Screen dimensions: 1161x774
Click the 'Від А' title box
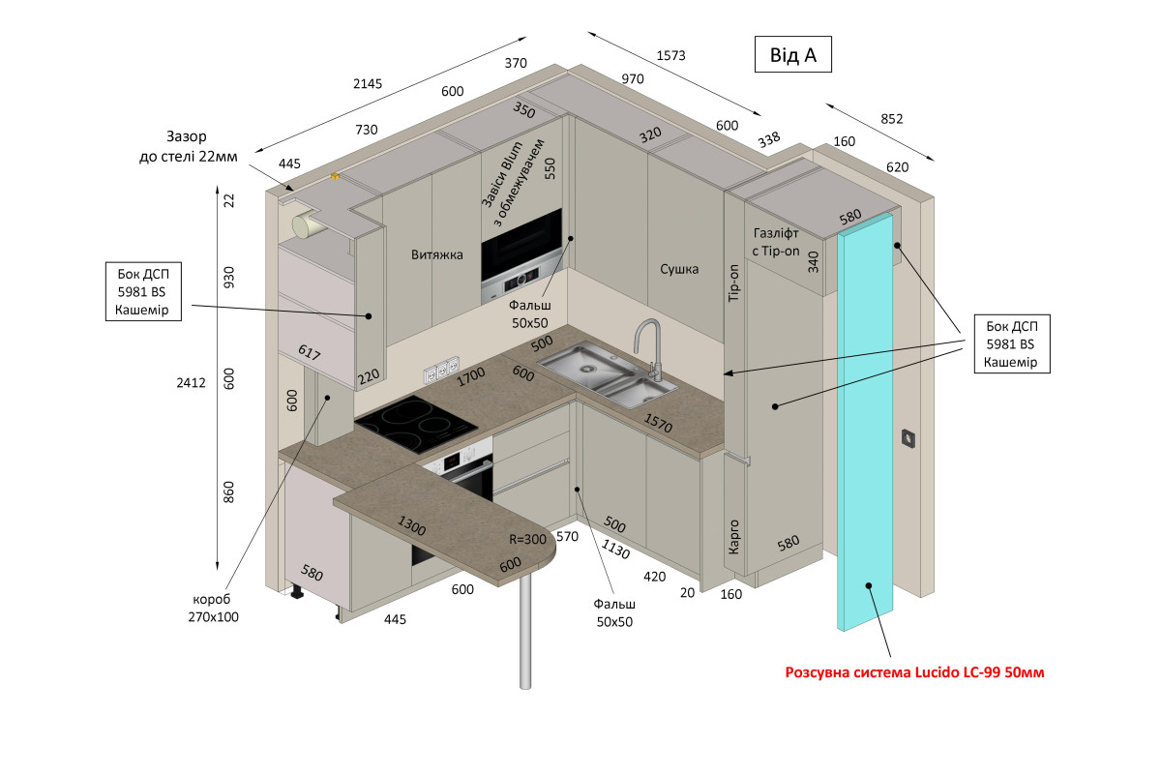[x=792, y=54]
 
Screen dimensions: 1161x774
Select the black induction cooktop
[x=416, y=424]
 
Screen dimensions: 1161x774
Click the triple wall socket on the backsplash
[x=441, y=369]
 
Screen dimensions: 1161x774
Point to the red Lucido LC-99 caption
[x=914, y=672]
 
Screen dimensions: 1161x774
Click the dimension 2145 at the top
[x=368, y=83]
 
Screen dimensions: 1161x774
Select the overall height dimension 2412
[x=191, y=382]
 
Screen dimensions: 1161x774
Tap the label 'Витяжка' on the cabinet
[x=437, y=254]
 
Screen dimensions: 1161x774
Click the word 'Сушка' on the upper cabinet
[x=679, y=269]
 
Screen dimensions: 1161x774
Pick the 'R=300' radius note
[x=527, y=539]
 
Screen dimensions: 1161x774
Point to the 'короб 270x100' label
[x=213, y=609]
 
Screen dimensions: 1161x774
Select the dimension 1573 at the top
[x=670, y=55]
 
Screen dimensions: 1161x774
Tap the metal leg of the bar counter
[x=525, y=632]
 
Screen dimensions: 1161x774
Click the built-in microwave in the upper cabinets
[x=521, y=255]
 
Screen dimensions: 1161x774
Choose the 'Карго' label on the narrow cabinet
[x=733, y=537]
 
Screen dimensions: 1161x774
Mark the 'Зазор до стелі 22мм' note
[x=188, y=146]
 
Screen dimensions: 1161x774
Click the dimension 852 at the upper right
[x=891, y=119]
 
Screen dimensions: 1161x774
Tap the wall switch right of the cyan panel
[x=908, y=438]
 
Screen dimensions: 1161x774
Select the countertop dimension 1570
[x=658, y=423]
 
